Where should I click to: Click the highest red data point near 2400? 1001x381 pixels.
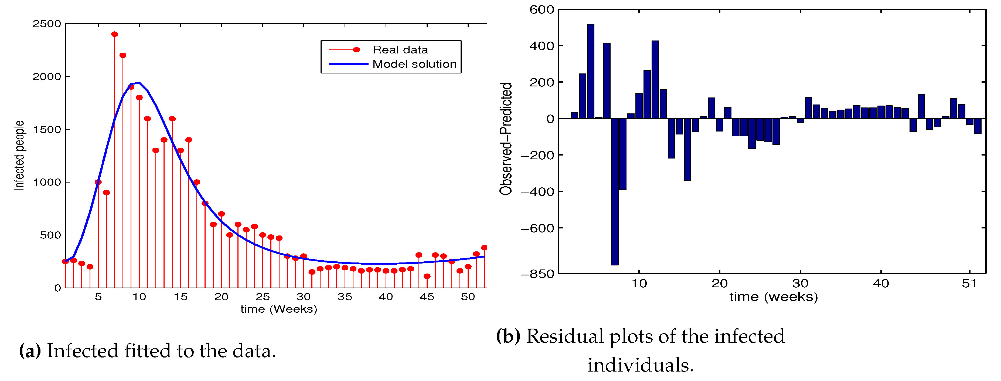coord(115,34)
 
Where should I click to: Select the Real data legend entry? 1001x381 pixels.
coord(400,50)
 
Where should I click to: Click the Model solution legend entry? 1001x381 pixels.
coord(414,64)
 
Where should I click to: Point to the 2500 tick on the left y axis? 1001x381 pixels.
coord(47,24)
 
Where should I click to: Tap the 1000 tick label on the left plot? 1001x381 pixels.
coord(47,182)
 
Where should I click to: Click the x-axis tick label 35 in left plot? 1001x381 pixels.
coord(345,297)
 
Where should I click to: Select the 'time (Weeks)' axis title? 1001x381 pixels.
coord(279,309)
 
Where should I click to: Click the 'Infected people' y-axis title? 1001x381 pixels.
coord(19,156)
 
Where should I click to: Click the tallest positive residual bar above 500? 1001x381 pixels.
coord(591,71)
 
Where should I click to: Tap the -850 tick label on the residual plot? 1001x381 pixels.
coord(537,274)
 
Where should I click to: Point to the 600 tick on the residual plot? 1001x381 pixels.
coord(542,10)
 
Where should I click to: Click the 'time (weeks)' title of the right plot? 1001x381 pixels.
coord(773,297)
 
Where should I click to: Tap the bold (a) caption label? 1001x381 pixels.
coord(30,351)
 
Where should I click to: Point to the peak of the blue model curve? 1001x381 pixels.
coord(139,82)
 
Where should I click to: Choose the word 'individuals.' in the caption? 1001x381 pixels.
coord(640,365)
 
